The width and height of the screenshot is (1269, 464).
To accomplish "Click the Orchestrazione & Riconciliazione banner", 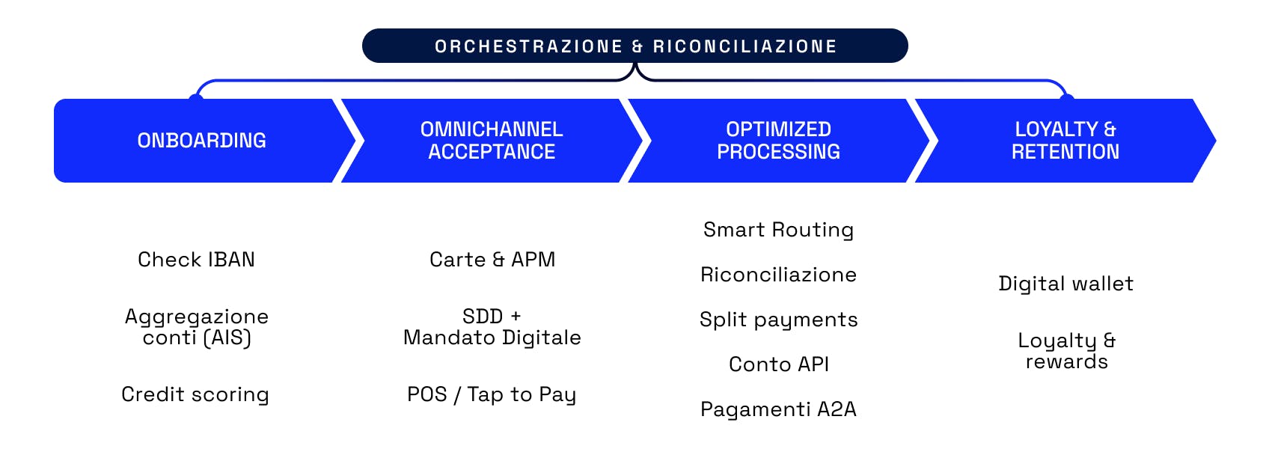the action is click(x=635, y=46).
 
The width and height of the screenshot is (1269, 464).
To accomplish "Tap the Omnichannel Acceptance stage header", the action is click(x=492, y=141).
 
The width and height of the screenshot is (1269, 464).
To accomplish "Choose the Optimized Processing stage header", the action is click(x=778, y=141).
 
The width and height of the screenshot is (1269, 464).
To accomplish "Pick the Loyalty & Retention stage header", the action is click(x=1065, y=141).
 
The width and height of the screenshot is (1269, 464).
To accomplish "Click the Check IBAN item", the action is click(x=196, y=260).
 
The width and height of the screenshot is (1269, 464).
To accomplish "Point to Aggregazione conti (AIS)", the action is click(x=197, y=327).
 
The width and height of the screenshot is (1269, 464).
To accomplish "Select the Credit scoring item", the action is click(x=195, y=394).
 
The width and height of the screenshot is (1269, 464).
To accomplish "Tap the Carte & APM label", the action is click(x=492, y=260).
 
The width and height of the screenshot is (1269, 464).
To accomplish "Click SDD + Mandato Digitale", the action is click(x=492, y=327).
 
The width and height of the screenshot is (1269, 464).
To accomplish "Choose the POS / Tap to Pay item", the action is click(x=492, y=394).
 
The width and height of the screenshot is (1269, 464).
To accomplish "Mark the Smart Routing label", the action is click(x=778, y=230).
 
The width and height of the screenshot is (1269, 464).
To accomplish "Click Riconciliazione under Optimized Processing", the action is click(x=778, y=275).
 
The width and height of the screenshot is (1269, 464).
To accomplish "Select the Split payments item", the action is click(x=778, y=320).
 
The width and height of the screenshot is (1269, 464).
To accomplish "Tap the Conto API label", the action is click(x=778, y=364).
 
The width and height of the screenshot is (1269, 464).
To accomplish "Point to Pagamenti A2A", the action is click(x=778, y=409).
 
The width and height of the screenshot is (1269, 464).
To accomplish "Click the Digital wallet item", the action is click(x=1065, y=284).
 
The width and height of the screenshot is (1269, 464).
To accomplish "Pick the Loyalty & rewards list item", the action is click(x=1066, y=351).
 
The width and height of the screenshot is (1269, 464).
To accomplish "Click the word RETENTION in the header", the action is click(x=1065, y=152).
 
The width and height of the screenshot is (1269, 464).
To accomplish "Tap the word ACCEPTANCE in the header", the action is click(x=492, y=152).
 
